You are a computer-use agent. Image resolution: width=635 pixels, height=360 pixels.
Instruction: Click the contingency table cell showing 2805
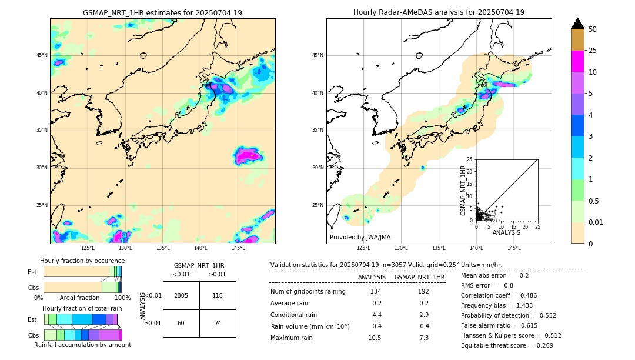click(181, 295)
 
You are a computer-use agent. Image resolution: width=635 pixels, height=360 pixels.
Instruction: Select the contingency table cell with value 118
click(218, 295)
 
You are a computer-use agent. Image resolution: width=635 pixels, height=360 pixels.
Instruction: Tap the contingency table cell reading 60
click(181, 323)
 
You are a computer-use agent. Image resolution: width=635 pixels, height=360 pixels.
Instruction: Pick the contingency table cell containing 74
click(218, 323)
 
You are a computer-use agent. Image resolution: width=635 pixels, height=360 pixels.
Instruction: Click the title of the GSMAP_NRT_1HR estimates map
click(162, 12)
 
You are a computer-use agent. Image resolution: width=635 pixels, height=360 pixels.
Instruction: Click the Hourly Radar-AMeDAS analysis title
click(439, 12)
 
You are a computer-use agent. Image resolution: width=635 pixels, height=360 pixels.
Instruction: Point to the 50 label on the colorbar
click(593, 29)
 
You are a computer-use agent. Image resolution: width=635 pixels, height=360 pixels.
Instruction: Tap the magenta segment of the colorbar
click(577, 61)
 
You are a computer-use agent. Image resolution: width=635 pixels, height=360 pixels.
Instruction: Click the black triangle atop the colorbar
click(577, 24)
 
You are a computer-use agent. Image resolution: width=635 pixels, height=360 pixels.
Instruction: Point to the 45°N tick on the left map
click(42, 55)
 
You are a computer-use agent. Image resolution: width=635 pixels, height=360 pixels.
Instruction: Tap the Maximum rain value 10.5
click(375, 338)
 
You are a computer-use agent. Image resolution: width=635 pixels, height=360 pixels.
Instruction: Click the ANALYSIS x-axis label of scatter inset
click(506, 232)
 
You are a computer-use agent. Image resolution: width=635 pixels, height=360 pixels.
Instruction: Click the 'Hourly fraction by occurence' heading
click(82, 261)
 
